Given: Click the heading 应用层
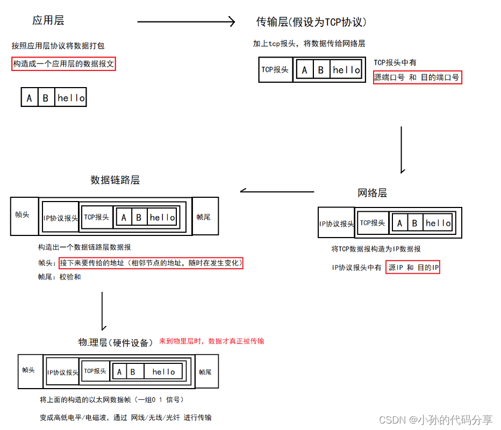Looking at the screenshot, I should pos(48,21).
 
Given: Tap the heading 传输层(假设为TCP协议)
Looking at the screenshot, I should pos(311,22).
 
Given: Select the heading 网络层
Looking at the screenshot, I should pos(372,193).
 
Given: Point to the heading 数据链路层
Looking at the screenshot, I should pos(115,180).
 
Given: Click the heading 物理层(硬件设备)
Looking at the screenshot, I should pos(116,342).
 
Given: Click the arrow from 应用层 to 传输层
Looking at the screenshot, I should pos(186,21).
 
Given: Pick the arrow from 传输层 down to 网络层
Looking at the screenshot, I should pos(402,149).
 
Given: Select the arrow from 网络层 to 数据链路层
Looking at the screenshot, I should pos(277,191).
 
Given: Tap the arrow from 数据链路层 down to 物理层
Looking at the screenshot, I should pos(102,310).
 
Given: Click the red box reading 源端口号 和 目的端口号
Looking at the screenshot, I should pos(417,77).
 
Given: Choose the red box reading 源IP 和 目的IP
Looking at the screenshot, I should pos(413,267).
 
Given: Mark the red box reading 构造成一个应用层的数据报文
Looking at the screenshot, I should pos(63,64).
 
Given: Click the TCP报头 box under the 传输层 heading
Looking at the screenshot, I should pos(275,70).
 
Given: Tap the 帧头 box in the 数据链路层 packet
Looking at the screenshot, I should pos(23,216).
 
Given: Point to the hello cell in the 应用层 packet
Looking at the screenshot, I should pos(71,98).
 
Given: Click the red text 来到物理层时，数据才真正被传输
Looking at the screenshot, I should pos(211,341).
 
